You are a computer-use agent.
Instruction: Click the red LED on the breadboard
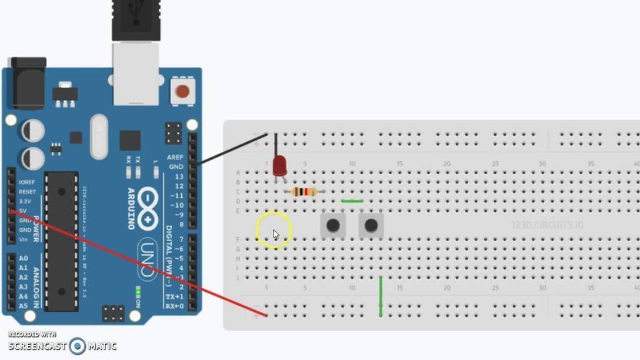point(279,165)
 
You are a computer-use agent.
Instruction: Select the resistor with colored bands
point(305,192)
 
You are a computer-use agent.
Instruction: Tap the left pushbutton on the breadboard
point(333,225)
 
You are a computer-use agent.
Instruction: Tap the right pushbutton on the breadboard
point(371,225)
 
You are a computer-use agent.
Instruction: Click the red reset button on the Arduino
point(182,91)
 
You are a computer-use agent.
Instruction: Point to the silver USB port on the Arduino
point(136,73)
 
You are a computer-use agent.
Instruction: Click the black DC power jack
point(28,82)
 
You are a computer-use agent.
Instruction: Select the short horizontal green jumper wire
point(352,201)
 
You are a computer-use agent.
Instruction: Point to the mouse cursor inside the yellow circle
point(276,234)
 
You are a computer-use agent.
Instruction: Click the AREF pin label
point(175,158)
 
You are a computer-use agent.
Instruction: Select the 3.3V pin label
point(25,201)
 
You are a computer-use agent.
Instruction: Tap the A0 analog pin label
point(23,258)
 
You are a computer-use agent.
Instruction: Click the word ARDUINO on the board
point(132,208)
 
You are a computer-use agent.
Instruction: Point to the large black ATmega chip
point(61,241)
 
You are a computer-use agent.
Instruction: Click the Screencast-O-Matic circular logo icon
point(77,346)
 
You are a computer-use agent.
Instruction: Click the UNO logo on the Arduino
point(148,259)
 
